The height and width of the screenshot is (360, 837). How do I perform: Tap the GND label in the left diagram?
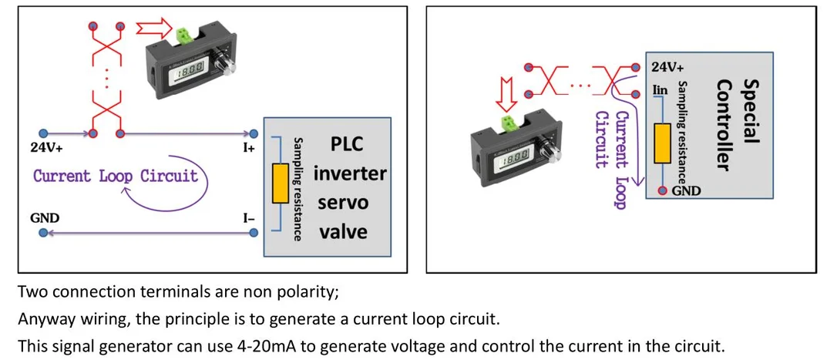coord(45,218)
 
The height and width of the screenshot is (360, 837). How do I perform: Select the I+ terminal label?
coord(249,149)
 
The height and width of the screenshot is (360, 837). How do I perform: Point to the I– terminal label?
coord(249,218)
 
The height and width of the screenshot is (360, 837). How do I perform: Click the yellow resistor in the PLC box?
coord(281,183)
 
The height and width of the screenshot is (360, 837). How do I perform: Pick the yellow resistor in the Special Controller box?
coord(663,143)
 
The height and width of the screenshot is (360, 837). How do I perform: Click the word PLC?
coord(347,145)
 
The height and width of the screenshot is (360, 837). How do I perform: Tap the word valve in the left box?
coord(348,232)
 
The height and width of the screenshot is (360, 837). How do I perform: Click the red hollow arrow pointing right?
coord(154,27)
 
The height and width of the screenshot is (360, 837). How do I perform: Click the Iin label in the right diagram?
coord(661,89)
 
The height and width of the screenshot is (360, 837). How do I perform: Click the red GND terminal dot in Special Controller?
coord(663,190)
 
